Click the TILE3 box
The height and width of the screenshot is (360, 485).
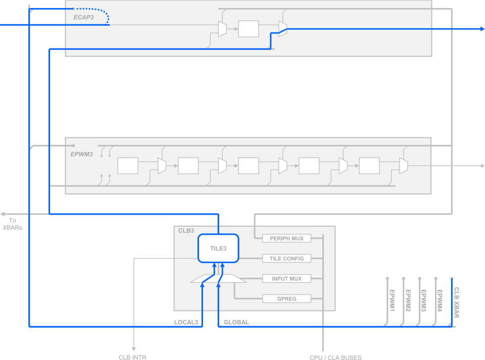pos(218,248)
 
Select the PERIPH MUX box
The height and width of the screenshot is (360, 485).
pos(286,238)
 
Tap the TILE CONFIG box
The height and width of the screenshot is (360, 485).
pos(286,259)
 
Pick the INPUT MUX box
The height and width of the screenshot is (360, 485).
pos(286,279)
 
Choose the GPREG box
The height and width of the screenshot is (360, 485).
pos(286,299)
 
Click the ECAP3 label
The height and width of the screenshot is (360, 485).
pos(83,17)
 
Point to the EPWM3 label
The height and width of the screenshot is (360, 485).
pos(81,154)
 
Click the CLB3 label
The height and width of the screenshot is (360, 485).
pos(186,231)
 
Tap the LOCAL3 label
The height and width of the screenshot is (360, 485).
pos(185,322)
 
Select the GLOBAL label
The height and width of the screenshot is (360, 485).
pos(236,322)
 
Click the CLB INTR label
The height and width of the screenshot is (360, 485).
pos(132,357)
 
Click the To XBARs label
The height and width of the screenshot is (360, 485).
pos(12,224)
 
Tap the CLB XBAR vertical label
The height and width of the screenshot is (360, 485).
pos(456,302)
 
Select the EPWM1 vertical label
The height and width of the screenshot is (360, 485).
pos(392,300)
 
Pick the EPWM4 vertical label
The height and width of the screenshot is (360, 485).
pos(440,300)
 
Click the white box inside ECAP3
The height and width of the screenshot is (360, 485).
pos(249,29)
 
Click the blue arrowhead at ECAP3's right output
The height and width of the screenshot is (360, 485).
pos(481,29)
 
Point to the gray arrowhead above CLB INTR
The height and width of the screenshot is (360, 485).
pos(134,348)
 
